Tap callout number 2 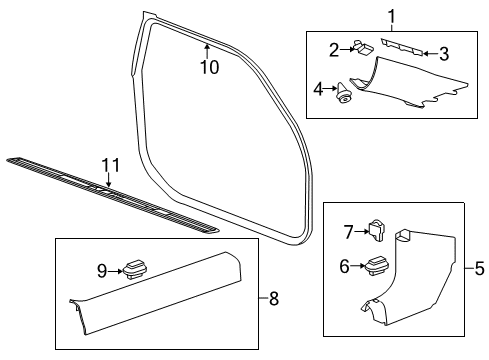click(x=336, y=47)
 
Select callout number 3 click(x=444, y=53)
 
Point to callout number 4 click(x=319, y=90)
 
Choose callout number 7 click(x=348, y=232)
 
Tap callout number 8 click(x=275, y=297)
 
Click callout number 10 click(x=208, y=68)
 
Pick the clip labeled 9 click(x=134, y=268)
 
